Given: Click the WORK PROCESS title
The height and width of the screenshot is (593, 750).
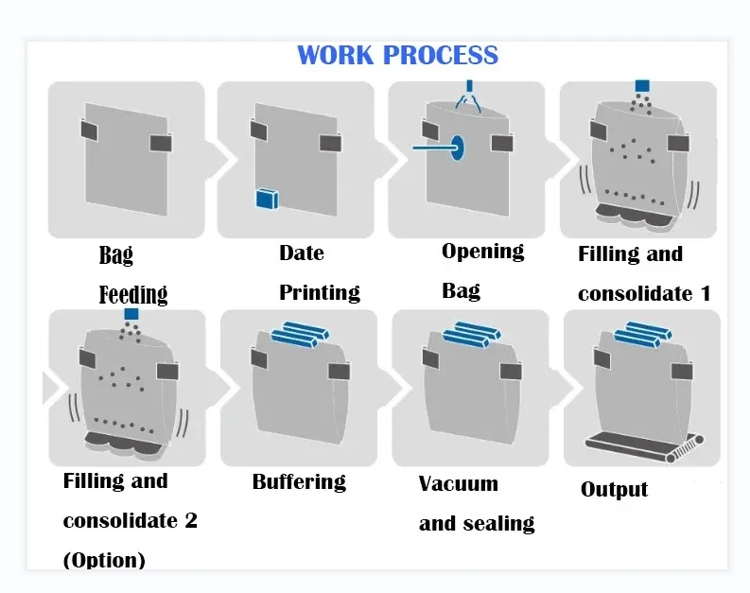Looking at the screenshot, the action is (x=397, y=55).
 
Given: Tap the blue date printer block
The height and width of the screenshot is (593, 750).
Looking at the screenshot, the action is (x=267, y=199).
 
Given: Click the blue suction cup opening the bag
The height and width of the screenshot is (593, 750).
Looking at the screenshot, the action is (x=457, y=148).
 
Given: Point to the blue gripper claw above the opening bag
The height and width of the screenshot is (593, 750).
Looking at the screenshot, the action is (x=469, y=96).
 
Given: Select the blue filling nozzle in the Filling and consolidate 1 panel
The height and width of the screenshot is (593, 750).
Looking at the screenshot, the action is (x=642, y=86).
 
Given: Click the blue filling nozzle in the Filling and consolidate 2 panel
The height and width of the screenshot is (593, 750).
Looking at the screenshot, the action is (x=131, y=314).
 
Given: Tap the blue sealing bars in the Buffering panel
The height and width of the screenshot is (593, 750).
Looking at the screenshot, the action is (x=300, y=334).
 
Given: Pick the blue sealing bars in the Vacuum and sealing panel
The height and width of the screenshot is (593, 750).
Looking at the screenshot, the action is (x=472, y=334).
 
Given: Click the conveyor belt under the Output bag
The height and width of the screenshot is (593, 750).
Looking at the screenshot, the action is (x=644, y=446).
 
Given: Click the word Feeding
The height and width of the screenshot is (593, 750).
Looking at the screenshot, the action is (x=133, y=294).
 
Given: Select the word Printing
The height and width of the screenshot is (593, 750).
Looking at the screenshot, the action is (x=320, y=292).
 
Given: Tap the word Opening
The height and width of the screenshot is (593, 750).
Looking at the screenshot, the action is (x=482, y=252).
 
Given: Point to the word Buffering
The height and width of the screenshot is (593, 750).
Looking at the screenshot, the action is (x=299, y=481).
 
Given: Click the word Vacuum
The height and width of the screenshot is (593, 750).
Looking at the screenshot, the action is (x=458, y=484).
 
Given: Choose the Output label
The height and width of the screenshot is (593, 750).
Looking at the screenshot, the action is (x=614, y=490).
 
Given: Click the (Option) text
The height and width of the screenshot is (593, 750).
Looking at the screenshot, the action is (x=104, y=560).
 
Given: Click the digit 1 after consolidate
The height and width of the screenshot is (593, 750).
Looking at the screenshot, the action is (x=706, y=293).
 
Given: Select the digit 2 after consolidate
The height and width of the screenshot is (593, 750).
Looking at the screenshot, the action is (x=191, y=520).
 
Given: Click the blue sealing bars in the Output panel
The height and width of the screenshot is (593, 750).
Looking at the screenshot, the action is (x=643, y=334).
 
